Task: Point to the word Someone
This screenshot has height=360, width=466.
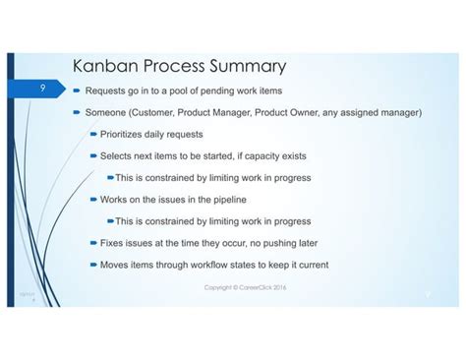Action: (x=106, y=112)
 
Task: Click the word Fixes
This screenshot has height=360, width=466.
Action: (x=114, y=242)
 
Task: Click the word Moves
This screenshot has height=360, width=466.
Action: (x=116, y=264)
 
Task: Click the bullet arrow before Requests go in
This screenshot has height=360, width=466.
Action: (x=76, y=90)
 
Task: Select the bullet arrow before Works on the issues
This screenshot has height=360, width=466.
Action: (x=91, y=199)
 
